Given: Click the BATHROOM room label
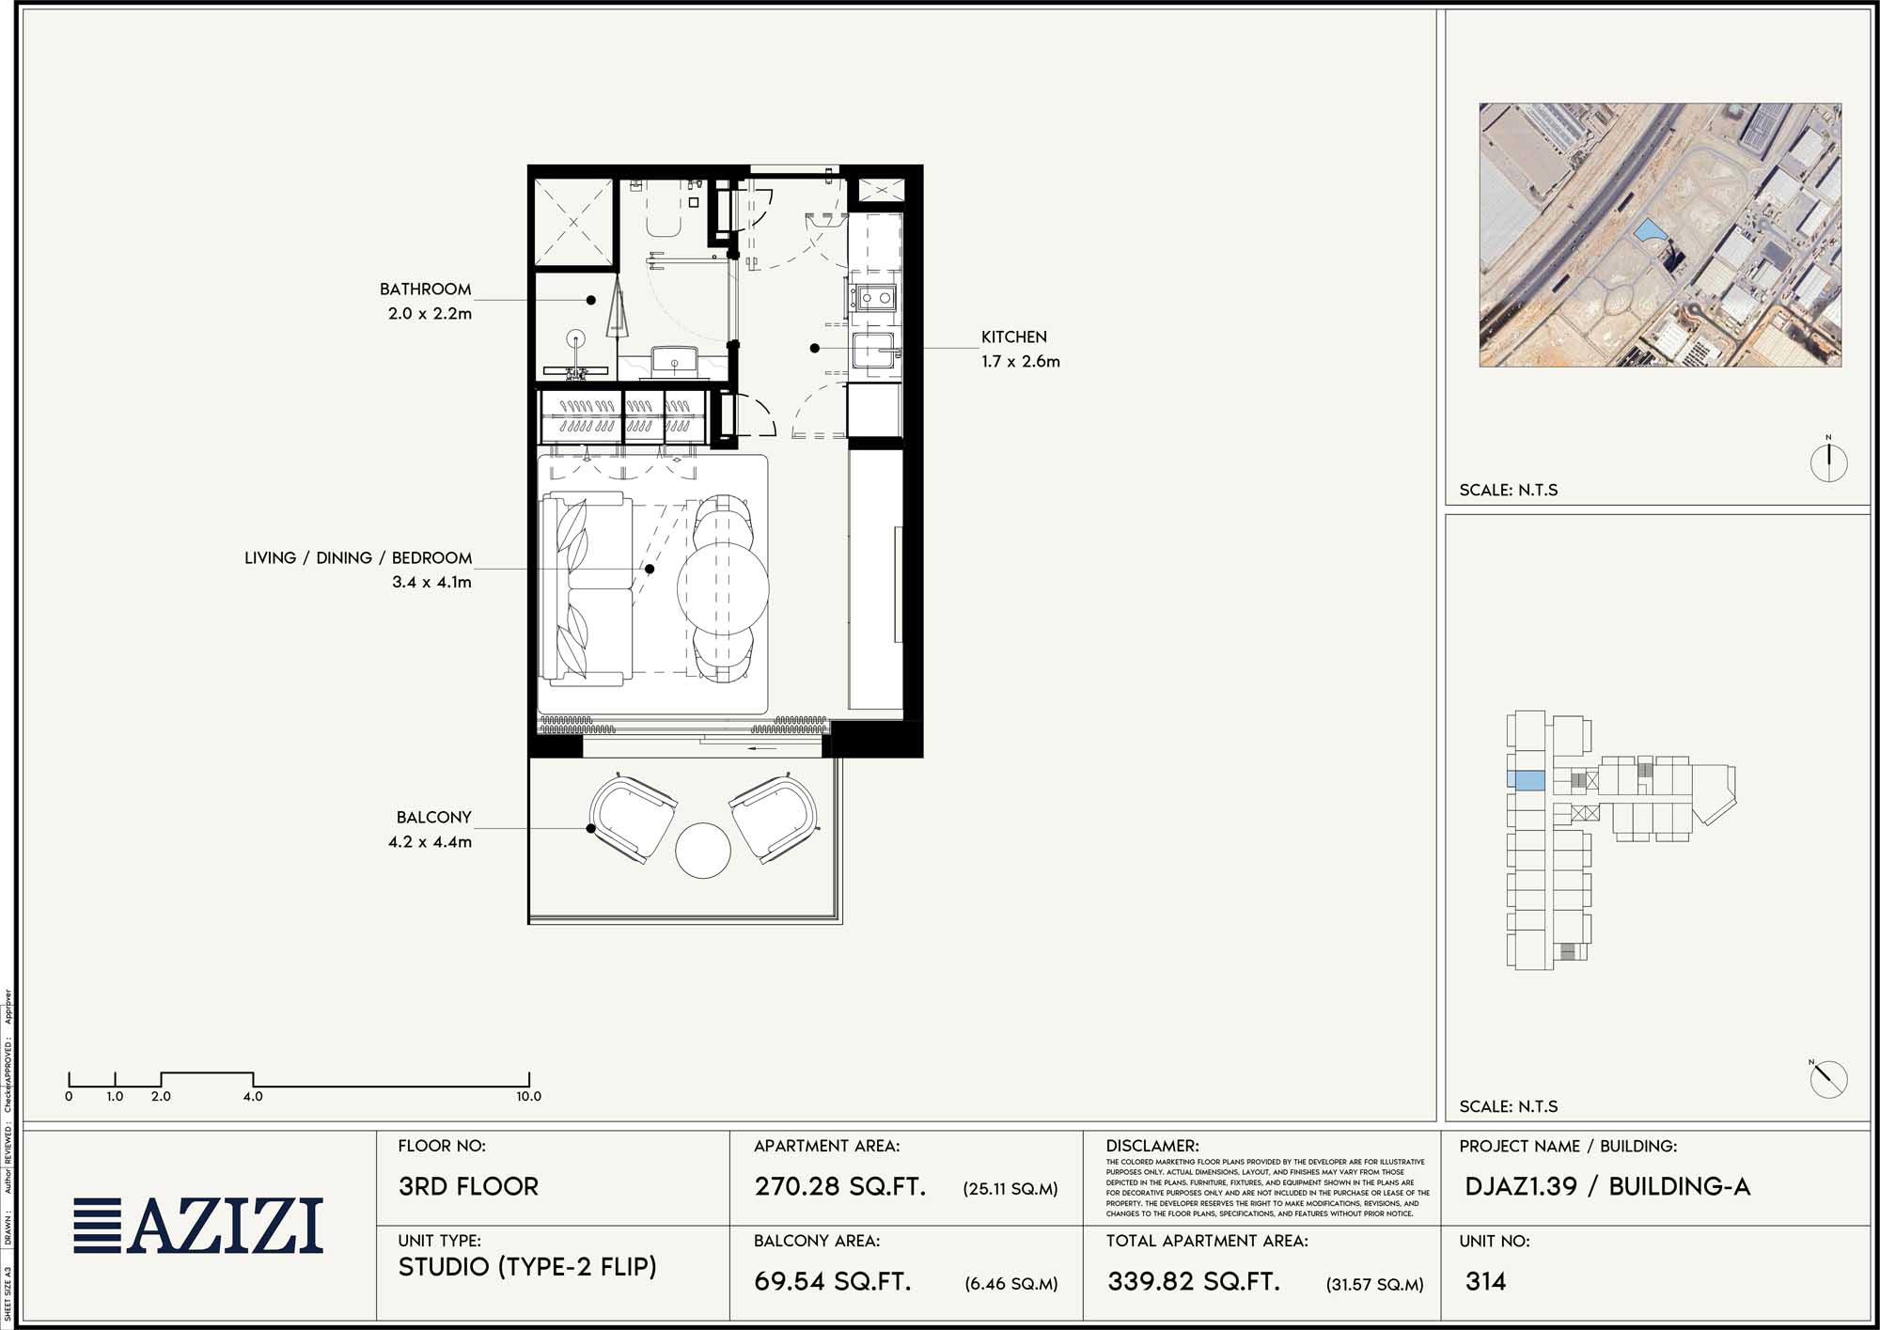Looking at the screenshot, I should pos(425,289).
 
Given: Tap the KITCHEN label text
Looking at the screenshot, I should pos(1013,336).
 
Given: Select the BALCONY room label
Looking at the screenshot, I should pos(433,818).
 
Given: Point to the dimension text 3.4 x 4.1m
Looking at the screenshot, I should pos(431,583).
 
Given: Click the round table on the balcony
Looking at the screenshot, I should pos(702,851).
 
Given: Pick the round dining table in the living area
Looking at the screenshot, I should pos(723,587).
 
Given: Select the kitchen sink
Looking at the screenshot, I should pos(874,352).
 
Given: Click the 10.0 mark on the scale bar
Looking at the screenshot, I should pos(528,1096).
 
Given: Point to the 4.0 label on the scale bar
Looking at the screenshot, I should pos(253,1096).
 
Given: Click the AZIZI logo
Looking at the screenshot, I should pos(199,1226).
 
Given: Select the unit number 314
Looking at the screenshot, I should pos(1485,1281).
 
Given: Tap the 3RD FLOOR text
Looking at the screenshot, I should pos(468,1186).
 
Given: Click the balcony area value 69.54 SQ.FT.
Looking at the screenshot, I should pos(833,1281).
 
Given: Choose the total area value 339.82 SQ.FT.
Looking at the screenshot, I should pos(1194,1281).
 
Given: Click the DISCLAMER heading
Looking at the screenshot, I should pos(1152,1146).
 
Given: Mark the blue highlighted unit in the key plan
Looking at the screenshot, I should pos(1526,780).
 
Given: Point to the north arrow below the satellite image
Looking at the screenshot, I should pos(1828,462).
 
